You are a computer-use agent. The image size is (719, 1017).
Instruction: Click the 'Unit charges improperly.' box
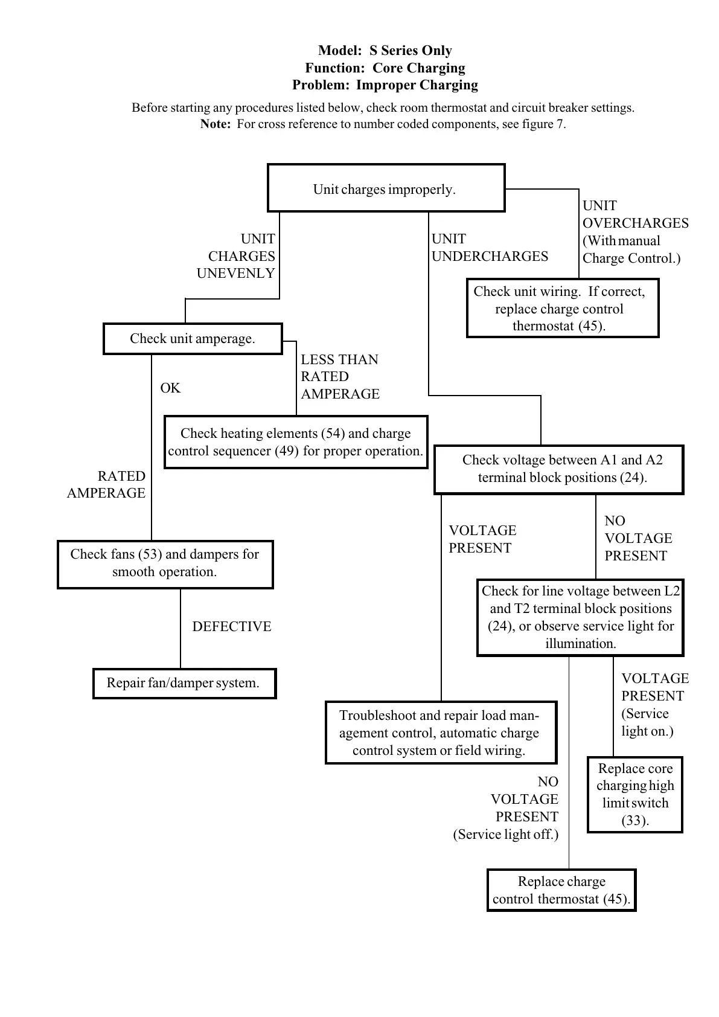(x=386, y=188)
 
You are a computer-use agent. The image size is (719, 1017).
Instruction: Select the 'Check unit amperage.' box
(x=193, y=339)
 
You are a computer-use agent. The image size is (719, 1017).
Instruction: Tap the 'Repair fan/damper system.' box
(x=184, y=683)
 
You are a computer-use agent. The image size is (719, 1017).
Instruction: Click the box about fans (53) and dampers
(x=165, y=564)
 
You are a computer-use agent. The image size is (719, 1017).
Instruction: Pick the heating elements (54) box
(x=296, y=442)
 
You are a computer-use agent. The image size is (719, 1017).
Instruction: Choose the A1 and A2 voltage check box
(x=558, y=469)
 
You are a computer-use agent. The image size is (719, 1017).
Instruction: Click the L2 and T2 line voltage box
(x=580, y=617)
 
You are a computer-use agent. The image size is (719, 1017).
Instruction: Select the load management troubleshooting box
(x=440, y=733)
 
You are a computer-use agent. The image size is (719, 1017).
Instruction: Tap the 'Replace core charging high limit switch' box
(x=634, y=794)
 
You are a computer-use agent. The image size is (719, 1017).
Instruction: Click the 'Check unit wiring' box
(x=562, y=308)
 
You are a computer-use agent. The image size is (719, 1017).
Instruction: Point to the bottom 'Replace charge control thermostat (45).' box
(x=561, y=890)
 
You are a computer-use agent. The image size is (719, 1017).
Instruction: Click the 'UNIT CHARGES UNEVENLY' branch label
(x=237, y=256)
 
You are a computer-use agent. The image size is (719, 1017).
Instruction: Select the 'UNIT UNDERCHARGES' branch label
(x=490, y=248)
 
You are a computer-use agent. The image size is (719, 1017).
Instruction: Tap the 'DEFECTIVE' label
(x=232, y=627)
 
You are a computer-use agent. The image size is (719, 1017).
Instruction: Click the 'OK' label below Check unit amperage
(x=170, y=388)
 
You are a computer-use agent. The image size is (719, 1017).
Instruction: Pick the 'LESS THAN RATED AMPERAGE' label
(x=340, y=377)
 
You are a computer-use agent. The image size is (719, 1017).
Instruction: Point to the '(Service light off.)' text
(x=506, y=835)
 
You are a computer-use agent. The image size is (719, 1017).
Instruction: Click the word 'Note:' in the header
(x=216, y=124)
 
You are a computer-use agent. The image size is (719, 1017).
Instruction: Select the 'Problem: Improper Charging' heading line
(x=385, y=85)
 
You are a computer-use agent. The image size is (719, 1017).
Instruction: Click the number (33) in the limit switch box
(x=635, y=821)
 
